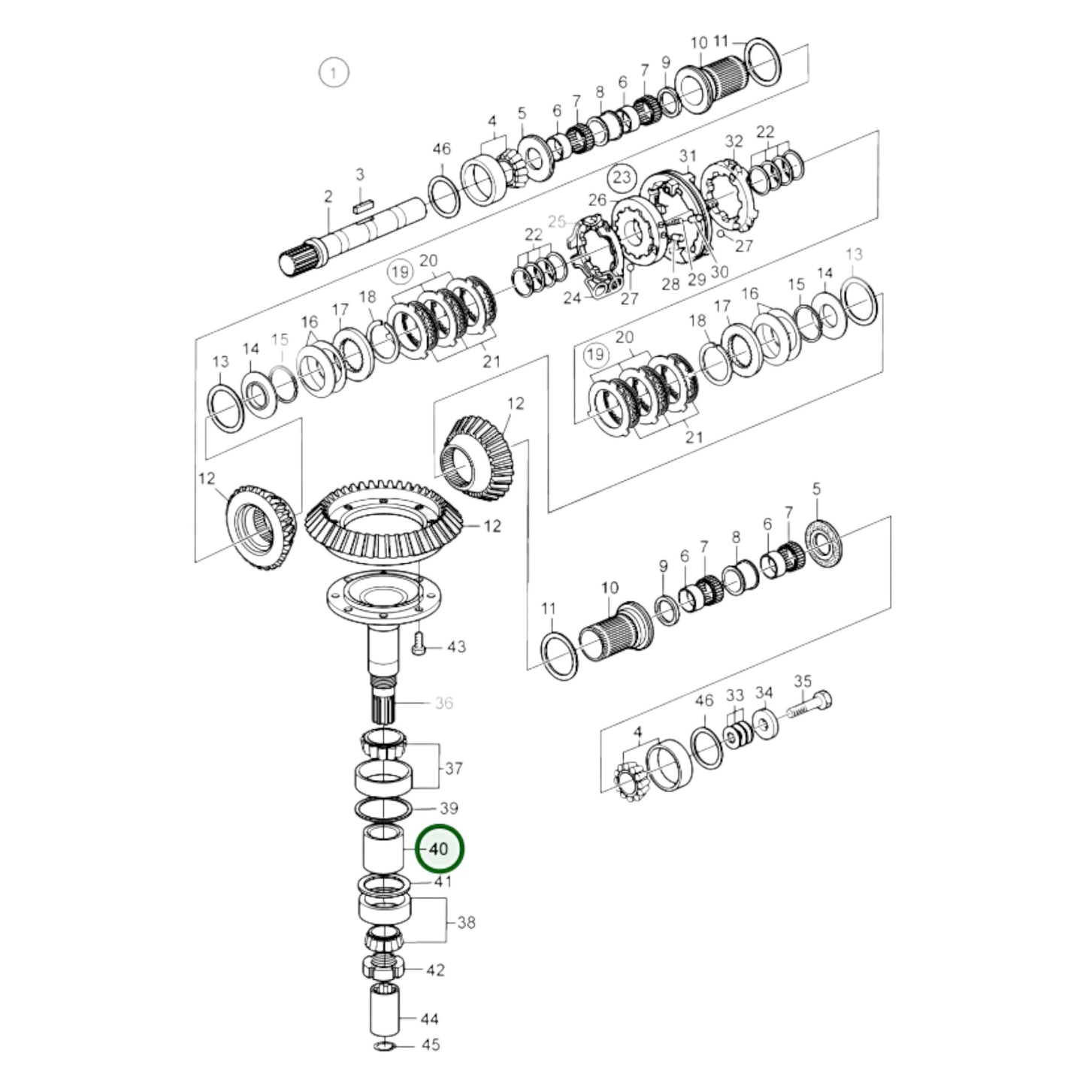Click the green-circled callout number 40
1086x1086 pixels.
(x=440, y=849)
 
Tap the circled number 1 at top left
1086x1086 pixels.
(x=334, y=74)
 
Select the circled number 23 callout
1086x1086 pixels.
(x=621, y=178)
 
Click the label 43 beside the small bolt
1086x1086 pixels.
(x=456, y=646)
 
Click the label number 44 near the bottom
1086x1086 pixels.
(x=429, y=1019)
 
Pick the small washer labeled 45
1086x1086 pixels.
(x=383, y=1046)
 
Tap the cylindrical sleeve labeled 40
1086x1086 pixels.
(x=385, y=849)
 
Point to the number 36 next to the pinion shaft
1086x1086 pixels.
(x=444, y=703)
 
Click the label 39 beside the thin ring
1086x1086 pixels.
(x=449, y=809)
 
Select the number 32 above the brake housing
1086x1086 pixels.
(x=734, y=141)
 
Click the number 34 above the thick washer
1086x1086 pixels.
(x=764, y=692)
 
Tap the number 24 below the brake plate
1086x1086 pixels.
(x=573, y=298)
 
